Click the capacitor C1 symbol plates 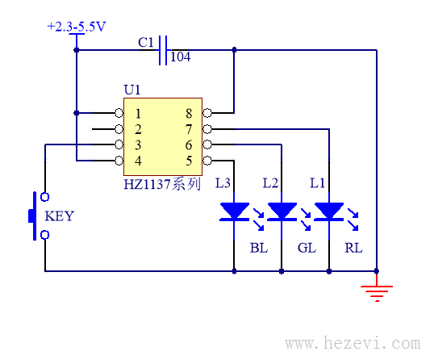click(x=163, y=50)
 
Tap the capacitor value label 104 click(x=181, y=57)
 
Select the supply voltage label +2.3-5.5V click(x=77, y=27)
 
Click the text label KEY click(x=60, y=216)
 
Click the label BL click(x=259, y=248)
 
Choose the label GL click(x=307, y=248)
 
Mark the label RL click(x=353, y=248)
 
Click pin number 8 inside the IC click(x=189, y=114)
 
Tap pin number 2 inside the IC click(x=138, y=129)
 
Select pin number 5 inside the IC click(x=189, y=161)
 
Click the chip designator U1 click(x=132, y=90)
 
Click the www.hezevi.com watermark click(x=353, y=343)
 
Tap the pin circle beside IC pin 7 click(x=207, y=129)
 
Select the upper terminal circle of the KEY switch click(x=45, y=197)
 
